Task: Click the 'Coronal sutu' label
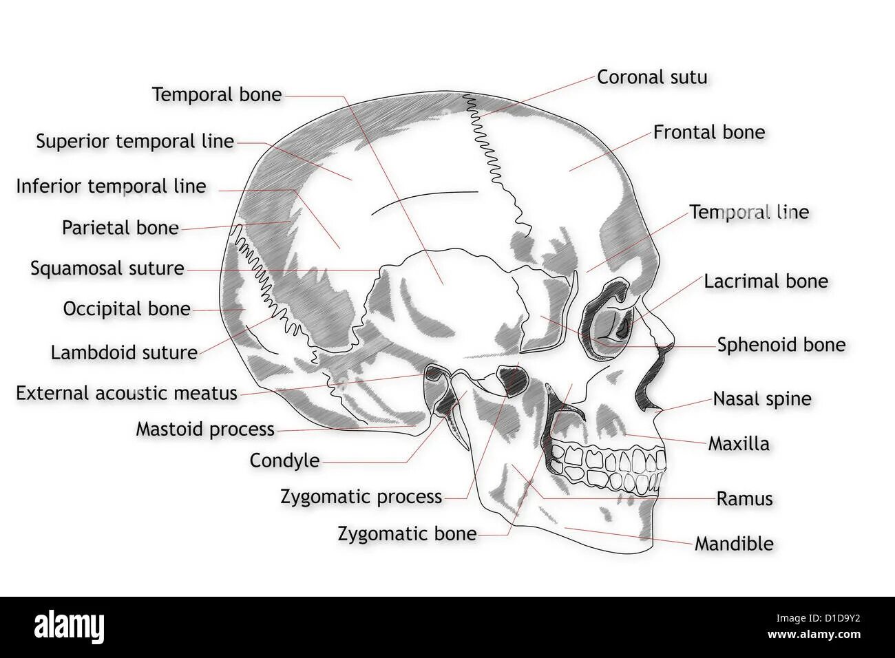tap(651, 77)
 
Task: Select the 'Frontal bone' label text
tap(708, 132)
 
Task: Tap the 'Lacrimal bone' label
tap(766, 281)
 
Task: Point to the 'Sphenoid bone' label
tap(781, 345)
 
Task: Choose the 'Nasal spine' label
tap(761, 399)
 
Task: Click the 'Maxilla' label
tap(739, 443)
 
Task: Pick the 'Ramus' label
tap(744, 498)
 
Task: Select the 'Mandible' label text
tap(734, 544)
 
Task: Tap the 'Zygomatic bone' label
tap(407, 533)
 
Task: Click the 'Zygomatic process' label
tap(361, 496)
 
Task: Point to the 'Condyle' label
tap(284, 460)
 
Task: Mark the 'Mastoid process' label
tap(205, 429)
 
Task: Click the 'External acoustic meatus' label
tap(127, 393)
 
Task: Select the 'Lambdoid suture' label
tap(124, 352)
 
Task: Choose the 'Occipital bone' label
tap(127, 308)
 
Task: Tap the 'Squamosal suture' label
tap(107, 268)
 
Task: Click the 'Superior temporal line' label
tap(135, 141)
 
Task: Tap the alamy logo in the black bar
tap(70, 627)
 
